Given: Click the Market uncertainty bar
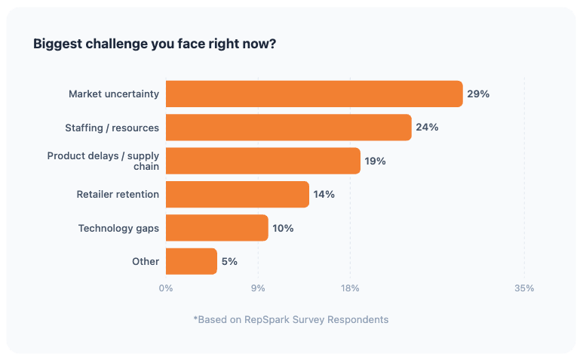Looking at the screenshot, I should pyautogui.click(x=314, y=94).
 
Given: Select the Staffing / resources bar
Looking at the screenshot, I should pyautogui.click(x=288, y=128).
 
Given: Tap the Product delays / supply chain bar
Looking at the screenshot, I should pyautogui.click(x=262, y=161).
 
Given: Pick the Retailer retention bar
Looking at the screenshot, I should pyautogui.click(x=237, y=194).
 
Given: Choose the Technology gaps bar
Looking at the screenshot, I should pyautogui.click(x=216, y=228).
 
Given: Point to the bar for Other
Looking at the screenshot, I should pyautogui.click(x=191, y=261).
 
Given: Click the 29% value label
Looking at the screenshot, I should pyautogui.click(x=478, y=94).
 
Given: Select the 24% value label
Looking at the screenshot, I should pyautogui.click(x=427, y=128).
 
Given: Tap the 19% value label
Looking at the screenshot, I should pyautogui.click(x=375, y=161).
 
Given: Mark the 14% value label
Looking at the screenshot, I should pyautogui.click(x=324, y=194).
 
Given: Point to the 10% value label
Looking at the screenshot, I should pyautogui.click(x=283, y=228).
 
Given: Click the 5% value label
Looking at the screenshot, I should pyautogui.click(x=229, y=261).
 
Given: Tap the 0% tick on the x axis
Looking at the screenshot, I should pyautogui.click(x=165, y=288).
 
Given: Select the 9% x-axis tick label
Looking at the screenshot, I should pyautogui.click(x=258, y=288).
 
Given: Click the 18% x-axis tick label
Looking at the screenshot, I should pyautogui.click(x=350, y=288).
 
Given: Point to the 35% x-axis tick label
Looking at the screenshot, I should pyautogui.click(x=524, y=288).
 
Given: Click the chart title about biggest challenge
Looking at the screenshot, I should pyautogui.click(x=155, y=44).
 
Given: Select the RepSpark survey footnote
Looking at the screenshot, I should pyautogui.click(x=291, y=319).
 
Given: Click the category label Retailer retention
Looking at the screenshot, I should pyautogui.click(x=118, y=194).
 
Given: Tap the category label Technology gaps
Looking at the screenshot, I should pyautogui.click(x=118, y=228).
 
